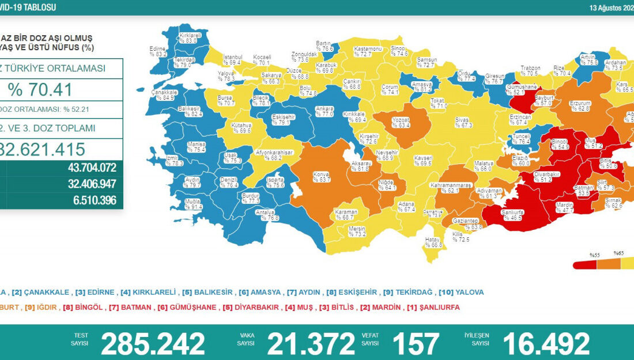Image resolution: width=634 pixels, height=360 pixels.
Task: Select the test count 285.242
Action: [x=153, y=344]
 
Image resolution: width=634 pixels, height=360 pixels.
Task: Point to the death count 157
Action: [x=415, y=344]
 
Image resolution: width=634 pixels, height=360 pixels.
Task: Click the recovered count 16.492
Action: [x=546, y=344]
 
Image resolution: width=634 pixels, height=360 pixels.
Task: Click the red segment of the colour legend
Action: [x=584, y=264]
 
